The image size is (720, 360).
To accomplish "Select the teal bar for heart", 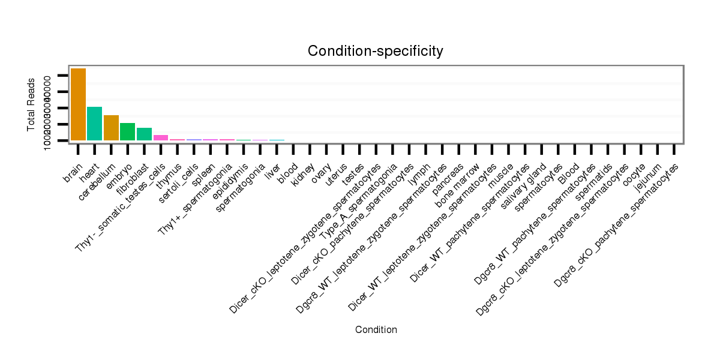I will (94, 123).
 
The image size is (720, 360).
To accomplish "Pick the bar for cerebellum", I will (111, 127).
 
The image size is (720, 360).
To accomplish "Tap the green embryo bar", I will (127, 131).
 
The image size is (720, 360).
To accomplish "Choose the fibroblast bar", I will (144, 134).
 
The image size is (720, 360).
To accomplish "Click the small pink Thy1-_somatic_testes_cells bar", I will (161, 137).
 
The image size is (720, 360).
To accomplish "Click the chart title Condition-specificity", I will (376, 51).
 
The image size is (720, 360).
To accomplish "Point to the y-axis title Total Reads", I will (31, 104).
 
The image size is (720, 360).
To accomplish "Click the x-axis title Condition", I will (376, 329).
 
